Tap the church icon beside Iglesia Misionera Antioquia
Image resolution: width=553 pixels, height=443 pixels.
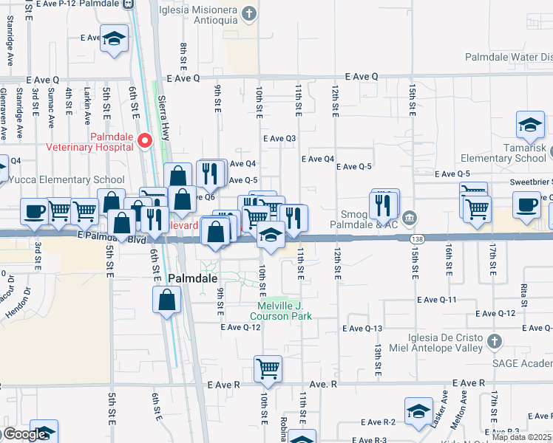[x=249, y=13]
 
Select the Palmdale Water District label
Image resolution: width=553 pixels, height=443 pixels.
[x=508, y=57]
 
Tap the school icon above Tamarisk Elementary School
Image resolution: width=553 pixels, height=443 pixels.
[x=530, y=126]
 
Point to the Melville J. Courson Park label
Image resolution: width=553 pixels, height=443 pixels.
[x=285, y=311]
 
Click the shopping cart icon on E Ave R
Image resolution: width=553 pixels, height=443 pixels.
[x=268, y=368]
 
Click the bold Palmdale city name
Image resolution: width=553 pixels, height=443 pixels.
[x=193, y=278]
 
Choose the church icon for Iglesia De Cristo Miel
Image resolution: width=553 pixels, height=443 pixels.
[x=495, y=342]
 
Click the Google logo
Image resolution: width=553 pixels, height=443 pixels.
[x=24, y=434]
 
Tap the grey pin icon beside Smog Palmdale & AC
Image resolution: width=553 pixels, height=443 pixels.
[x=412, y=219]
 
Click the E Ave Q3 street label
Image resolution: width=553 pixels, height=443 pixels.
[x=279, y=138]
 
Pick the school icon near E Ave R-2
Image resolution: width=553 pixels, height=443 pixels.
[x=418, y=412]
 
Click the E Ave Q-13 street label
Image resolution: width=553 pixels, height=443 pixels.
[x=363, y=328]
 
